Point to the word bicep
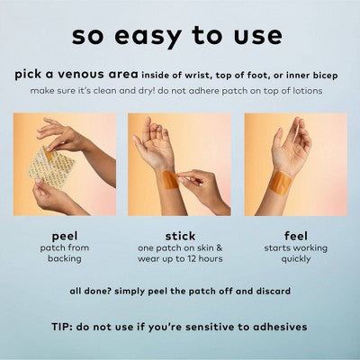coord(325,76)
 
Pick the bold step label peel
coord(65,237)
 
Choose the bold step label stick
coord(180,236)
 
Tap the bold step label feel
coord(295,236)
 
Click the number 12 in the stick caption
coord(193,258)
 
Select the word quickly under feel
coord(296,259)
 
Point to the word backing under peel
coord(65,258)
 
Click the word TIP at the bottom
coord(62,327)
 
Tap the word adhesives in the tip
coord(280,327)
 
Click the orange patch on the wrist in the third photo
coord(279,183)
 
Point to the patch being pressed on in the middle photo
coord(171,180)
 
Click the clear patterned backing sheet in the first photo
coord(51,166)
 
